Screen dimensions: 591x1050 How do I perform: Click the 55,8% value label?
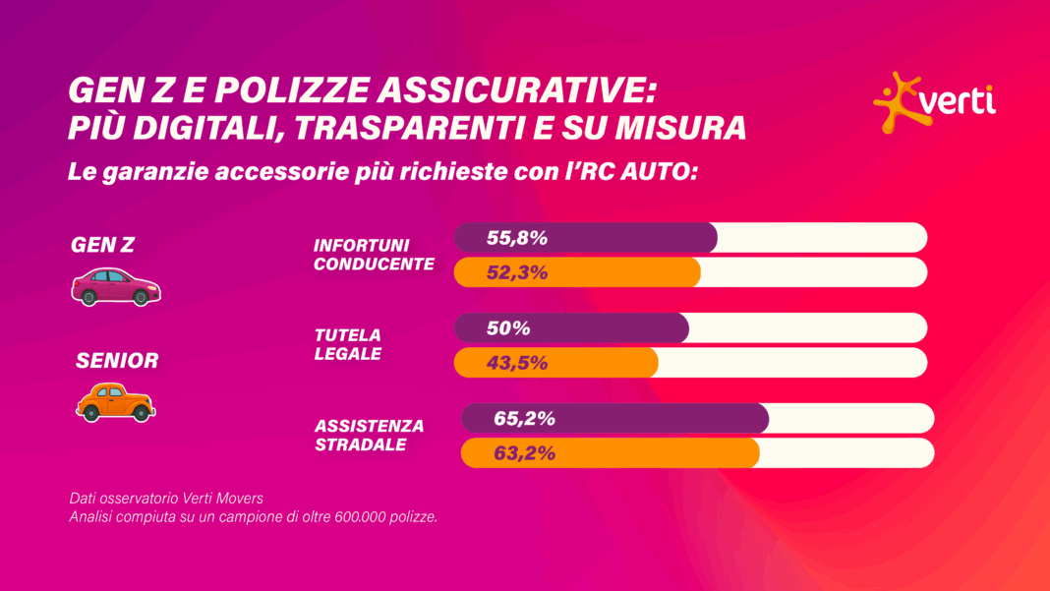tap(516, 237)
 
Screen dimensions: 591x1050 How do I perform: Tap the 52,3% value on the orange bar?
tap(516, 272)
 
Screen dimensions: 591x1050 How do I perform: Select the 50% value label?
tap(508, 327)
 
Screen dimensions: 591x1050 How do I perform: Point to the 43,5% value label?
tap(516, 363)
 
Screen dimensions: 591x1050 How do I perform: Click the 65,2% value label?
tap(524, 418)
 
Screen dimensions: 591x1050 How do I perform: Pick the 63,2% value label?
tap(524, 453)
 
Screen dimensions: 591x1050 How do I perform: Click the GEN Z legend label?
tap(102, 246)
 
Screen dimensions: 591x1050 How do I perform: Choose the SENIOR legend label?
tap(117, 361)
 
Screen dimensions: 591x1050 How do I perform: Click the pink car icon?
tap(116, 285)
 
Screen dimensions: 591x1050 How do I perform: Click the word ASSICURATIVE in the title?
tap(516, 90)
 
